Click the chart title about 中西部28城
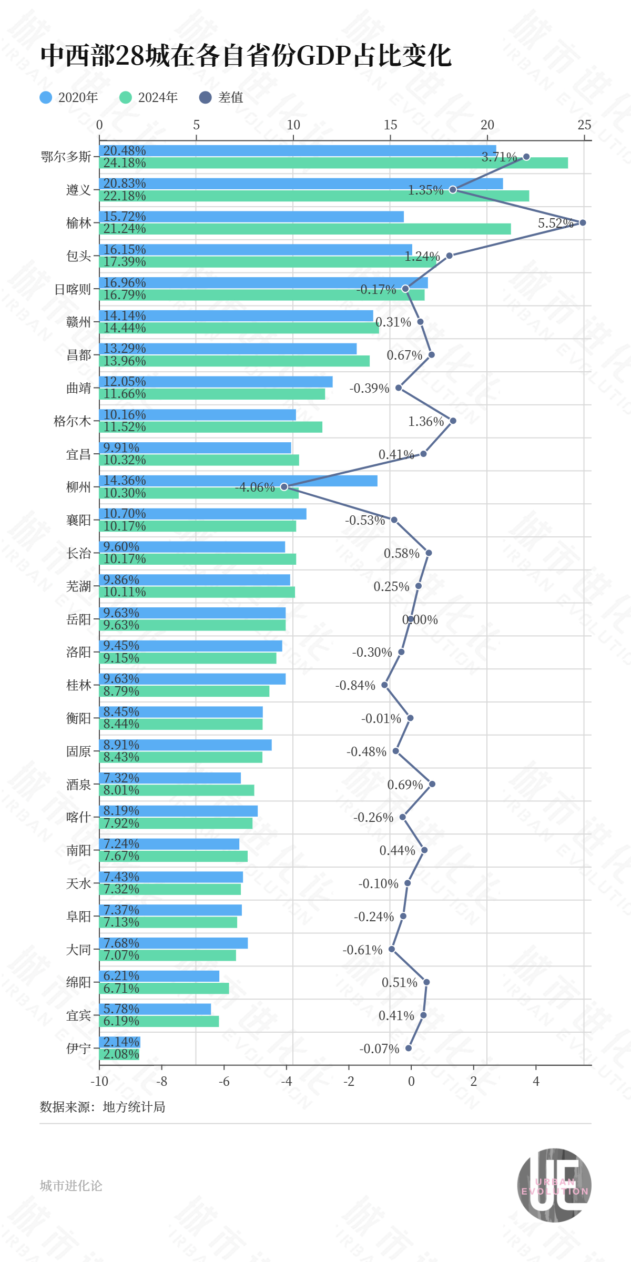coord(246,56)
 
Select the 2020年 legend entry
coord(69,97)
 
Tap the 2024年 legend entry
coord(149,97)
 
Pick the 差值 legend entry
coord(221,97)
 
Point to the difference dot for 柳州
coord(284,487)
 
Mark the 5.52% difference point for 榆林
coord(583,222)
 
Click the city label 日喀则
coord(73,289)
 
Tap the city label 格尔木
coord(73,421)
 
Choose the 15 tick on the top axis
coord(390,125)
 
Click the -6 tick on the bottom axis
coord(224,1082)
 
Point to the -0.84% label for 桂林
coord(355,686)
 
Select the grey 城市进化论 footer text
coord(71,1186)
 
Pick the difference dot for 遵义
coord(453,189)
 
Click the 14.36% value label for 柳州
coord(125,481)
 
